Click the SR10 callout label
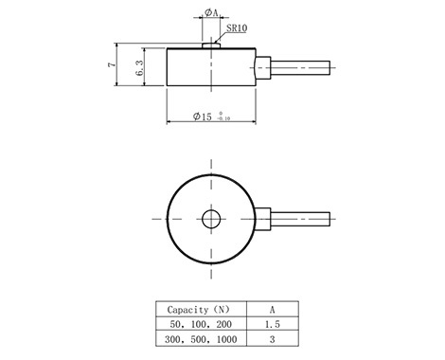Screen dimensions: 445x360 237,28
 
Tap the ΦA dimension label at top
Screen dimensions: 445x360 211,12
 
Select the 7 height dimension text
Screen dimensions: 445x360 112,64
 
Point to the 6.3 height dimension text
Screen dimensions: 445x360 139,68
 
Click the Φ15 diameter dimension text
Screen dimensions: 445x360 203,117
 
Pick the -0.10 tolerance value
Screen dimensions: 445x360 223,118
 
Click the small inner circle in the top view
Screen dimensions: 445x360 211,219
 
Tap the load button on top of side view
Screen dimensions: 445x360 211,45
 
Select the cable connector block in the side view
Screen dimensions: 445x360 263,67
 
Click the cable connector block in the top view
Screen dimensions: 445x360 263,219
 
